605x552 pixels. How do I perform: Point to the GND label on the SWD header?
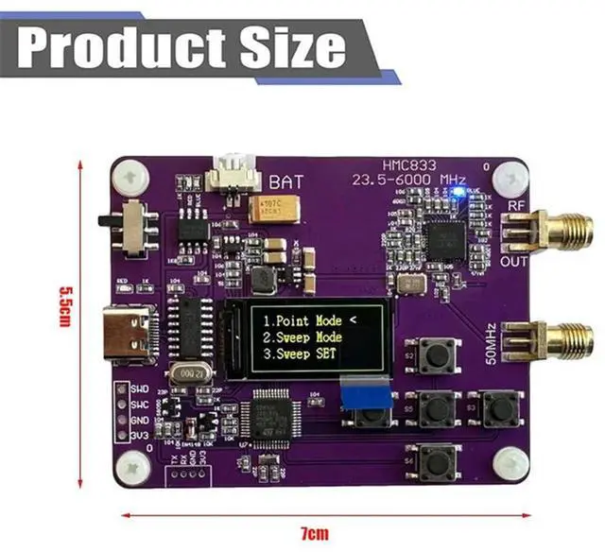click(x=140, y=418)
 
